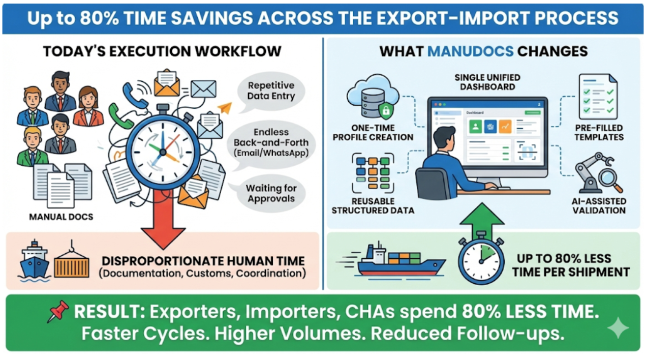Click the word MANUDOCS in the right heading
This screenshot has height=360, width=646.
point(470,51)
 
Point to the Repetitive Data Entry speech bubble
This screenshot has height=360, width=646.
point(271,91)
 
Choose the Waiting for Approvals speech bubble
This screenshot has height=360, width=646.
point(271,193)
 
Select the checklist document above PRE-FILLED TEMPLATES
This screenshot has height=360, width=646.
point(598,97)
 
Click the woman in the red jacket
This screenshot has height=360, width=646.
point(88,107)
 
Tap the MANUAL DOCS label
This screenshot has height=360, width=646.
point(61,217)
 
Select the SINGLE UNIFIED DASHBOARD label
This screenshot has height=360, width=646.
point(487,82)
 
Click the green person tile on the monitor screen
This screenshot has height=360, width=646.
point(475,127)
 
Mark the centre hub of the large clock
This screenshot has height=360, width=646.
point(163,152)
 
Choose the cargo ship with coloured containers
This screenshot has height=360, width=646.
point(392,261)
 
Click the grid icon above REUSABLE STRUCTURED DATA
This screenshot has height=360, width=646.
point(373,173)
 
